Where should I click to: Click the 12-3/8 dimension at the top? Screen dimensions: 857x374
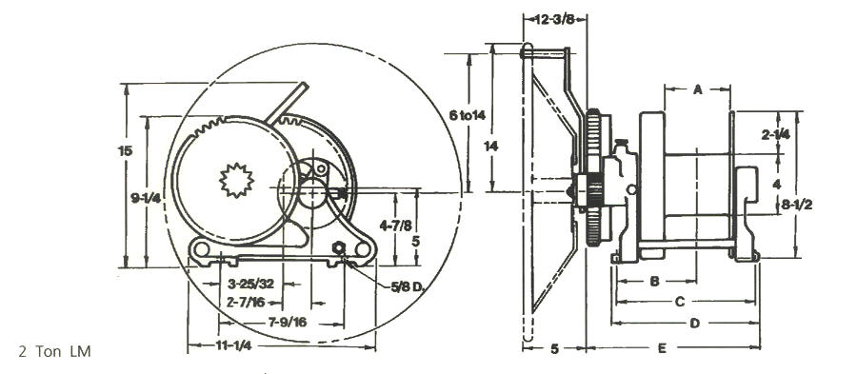coord(553,20)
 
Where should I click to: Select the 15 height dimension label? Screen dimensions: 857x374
coord(125,150)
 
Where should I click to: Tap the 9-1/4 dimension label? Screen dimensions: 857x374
coord(146,199)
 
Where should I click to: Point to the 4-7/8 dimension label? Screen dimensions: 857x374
coord(396,225)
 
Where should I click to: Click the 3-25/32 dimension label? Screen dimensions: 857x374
coord(250,284)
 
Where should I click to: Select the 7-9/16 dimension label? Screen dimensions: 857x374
coord(288,322)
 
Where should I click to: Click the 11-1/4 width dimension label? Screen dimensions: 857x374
coord(233,346)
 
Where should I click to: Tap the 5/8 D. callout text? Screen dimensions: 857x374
coord(408,286)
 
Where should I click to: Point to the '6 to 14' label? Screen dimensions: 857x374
coord(467,115)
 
